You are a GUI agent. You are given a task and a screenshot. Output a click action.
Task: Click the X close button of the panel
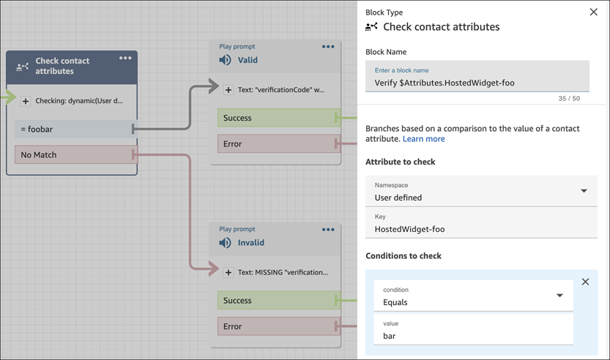pyautogui.click(x=593, y=12)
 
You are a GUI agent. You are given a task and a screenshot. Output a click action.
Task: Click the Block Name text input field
pyautogui.click(x=477, y=82)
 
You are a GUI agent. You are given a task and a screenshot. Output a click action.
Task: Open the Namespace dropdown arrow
pyautogui.click(x=584, y=191)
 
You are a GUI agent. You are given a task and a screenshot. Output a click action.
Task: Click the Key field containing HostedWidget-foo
pyautogui.click(x=481, y=228)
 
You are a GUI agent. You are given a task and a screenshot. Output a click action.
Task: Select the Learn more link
pyautogui.click(x=423, y=139)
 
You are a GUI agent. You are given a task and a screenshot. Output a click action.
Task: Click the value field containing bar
pyautogui.click(x=473, y=335)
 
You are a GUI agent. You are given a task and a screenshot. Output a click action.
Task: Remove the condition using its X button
pyautogui.click(x=585, y=282)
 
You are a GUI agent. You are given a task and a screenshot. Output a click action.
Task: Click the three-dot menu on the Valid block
pyautogui.click(x=328, y=47)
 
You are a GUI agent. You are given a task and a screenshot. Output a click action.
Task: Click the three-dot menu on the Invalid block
pyautogui.click(x=328, y=230)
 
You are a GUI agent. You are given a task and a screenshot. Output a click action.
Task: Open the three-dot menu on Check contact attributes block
pyautogui.click(x=125, y=59)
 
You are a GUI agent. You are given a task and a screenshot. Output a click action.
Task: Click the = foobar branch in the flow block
pyautogui.click(x=73, y=129)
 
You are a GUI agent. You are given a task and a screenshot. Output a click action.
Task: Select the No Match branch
pyautogui.click(x=73, y=155)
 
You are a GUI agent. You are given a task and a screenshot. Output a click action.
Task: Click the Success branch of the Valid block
pyautogui.click(x=278, y=118)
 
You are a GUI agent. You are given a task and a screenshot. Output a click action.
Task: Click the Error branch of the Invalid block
pyautogui.click(x=278, y=326)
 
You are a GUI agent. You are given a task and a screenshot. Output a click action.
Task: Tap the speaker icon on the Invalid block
pyautogui.click(x=226, y=243)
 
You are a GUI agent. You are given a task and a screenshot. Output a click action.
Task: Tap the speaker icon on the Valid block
pyautogui.click(x=226, y=60)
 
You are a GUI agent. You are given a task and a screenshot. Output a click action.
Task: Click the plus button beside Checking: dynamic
pyautogui.click(x=26, y=101)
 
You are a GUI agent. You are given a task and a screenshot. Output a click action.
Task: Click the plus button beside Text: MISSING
pyautogui.click(x=228, y=272)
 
